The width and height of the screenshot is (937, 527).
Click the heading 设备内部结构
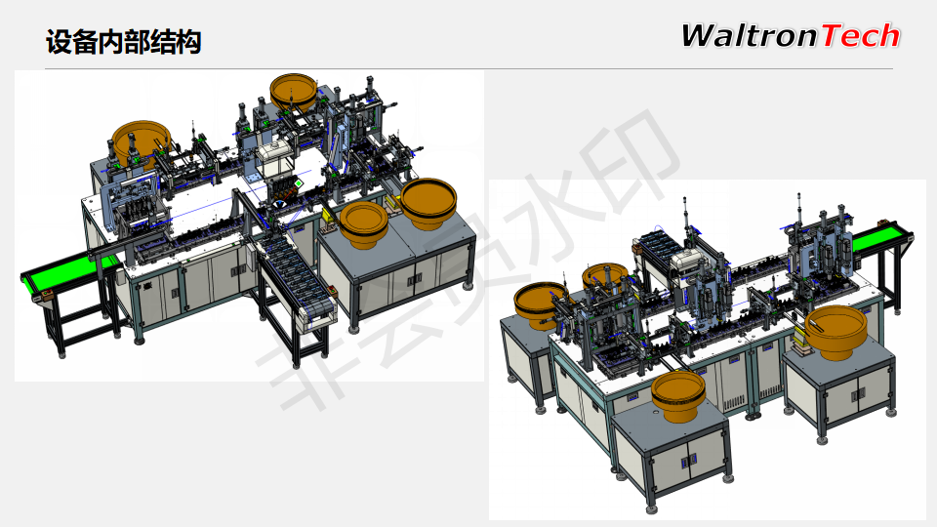123,42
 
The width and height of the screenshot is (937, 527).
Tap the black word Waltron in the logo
750,35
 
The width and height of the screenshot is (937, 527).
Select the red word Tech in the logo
861,35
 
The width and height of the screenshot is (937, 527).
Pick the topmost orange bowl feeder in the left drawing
294,92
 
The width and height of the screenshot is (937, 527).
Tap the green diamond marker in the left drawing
299,182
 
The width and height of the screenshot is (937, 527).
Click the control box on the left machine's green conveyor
45,295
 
